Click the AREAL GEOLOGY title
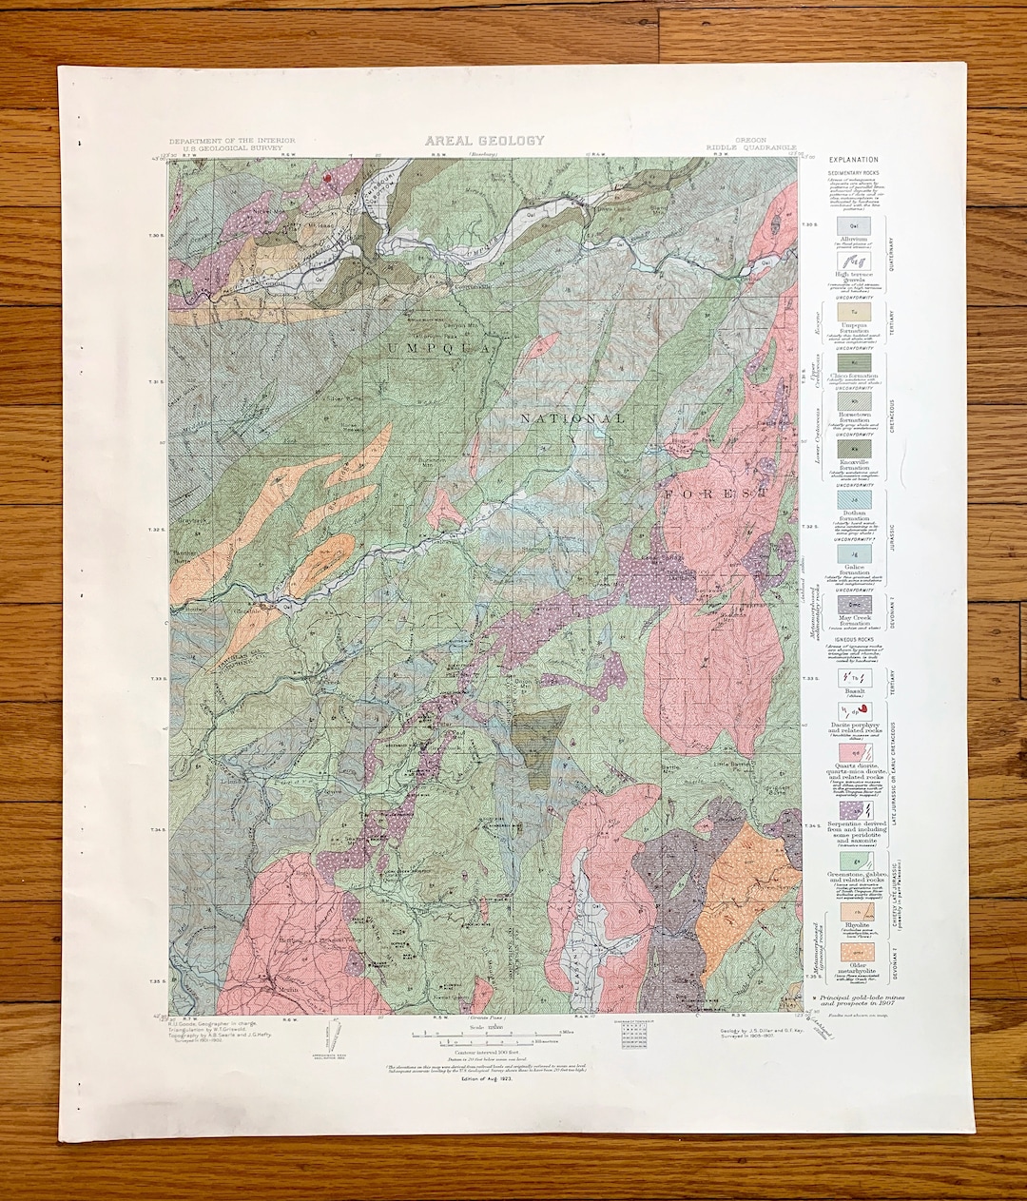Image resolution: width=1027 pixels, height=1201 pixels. click(485, 141)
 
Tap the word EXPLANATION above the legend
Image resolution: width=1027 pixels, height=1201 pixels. click(853, 160)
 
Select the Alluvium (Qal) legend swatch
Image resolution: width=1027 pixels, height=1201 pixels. click(851, 226)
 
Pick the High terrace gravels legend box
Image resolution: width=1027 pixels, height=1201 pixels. click(851, 261)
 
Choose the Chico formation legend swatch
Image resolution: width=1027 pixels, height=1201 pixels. click(851, 362)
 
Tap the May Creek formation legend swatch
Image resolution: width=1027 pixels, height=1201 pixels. click(851, 603)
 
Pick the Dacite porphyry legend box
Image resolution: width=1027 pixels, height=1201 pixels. click(851, 709)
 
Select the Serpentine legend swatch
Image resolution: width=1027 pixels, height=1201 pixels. click(851, 810)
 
